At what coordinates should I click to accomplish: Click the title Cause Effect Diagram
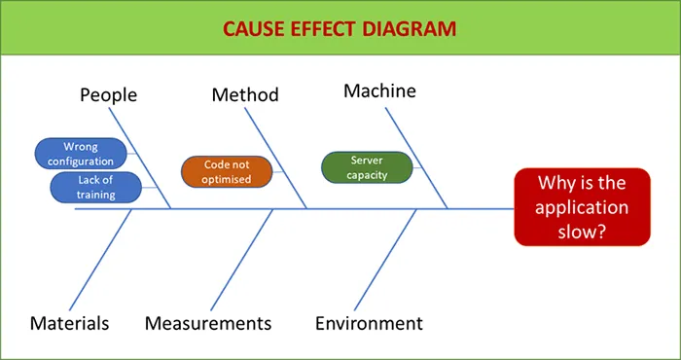tap(340, 28)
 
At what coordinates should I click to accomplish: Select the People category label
tap(108, 94)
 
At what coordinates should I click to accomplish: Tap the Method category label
tap(245, 94)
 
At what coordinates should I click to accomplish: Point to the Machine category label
tap(379, 90)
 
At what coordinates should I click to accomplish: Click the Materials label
tap(69, 323)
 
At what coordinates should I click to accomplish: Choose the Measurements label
tap(208, 323)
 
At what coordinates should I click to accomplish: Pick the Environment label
tap(369, 323)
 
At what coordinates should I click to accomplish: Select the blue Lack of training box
tap(96, 187)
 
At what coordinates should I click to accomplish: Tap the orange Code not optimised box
tap(227, 172)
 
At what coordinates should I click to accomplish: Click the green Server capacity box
tap(367, 167)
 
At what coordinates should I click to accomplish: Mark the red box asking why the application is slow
tap(585, 208)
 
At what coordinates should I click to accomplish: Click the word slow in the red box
tap(585, 233)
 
